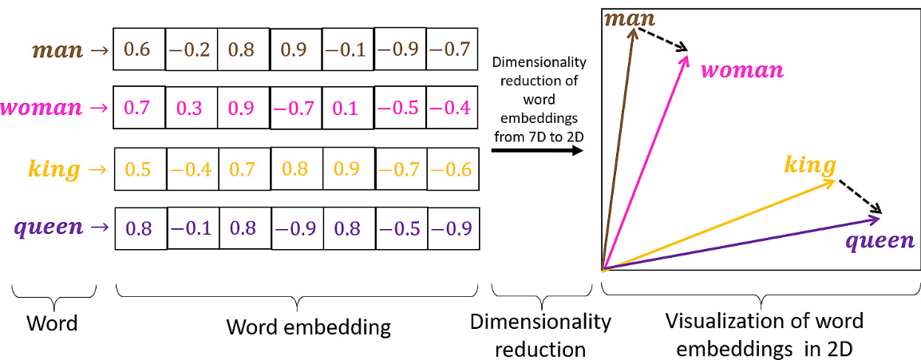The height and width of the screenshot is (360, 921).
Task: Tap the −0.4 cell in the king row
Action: point(192,169)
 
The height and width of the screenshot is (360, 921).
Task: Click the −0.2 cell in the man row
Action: point(192,50)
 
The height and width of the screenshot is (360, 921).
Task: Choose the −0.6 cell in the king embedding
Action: point(452,169)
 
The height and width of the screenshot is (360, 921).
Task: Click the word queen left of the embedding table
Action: point(50,227)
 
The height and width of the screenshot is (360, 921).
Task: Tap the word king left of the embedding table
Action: point(55,170)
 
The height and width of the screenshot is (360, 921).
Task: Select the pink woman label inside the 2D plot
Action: point(741,70)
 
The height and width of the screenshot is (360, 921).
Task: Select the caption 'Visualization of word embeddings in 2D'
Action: point(764,334)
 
